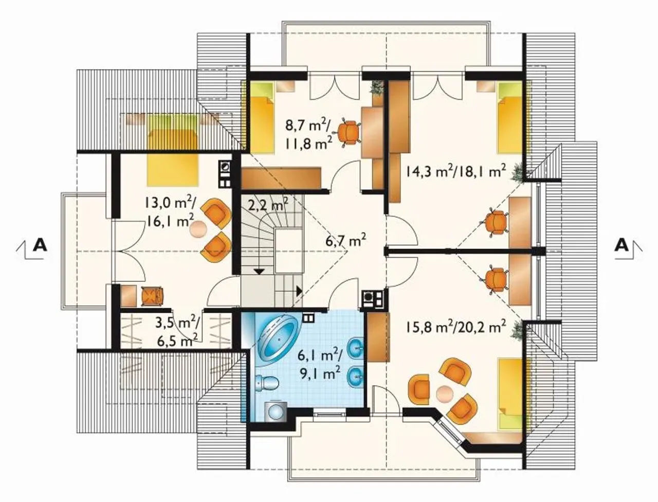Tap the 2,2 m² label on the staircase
tap(268, 205)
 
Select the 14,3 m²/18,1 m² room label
tap(456, 171)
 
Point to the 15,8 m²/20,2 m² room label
tap(456, 328)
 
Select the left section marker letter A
tap(40, 245)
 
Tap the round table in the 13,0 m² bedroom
tap(198, 229)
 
